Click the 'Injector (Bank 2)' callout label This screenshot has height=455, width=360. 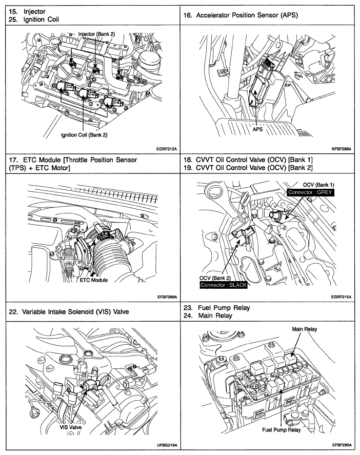[96, 34]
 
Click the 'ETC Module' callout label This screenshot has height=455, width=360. [93, 281]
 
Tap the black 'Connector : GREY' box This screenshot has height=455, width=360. [310, 192]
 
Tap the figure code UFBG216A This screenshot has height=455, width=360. [167, 445]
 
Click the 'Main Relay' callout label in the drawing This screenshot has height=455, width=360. [305, 329]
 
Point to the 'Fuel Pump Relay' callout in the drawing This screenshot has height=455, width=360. [281, 430]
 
